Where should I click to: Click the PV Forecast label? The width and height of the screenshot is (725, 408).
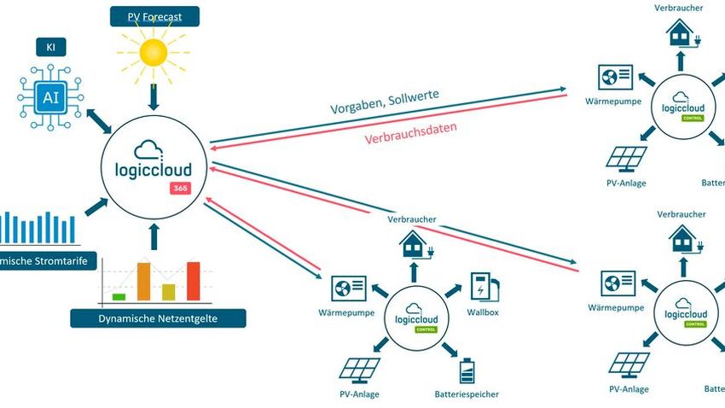pos(154,15)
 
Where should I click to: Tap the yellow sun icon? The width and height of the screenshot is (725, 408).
pos(154,54)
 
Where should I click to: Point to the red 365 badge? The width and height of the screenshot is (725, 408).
pos(179,188)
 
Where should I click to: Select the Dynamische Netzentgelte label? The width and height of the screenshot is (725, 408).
pos(158,318)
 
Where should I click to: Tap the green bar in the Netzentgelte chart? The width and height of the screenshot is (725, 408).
pos(119,296)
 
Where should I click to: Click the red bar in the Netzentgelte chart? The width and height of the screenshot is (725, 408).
pos(193,281)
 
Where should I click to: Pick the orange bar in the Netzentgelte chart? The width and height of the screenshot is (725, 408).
pos(143,281)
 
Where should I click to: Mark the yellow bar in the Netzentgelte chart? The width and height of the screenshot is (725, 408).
pos(169,292)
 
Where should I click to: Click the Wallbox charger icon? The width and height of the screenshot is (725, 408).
pos(484,286)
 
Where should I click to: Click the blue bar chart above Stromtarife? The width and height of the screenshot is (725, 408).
pos(38,227)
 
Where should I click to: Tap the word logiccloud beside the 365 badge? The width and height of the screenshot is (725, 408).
pos(152,169)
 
